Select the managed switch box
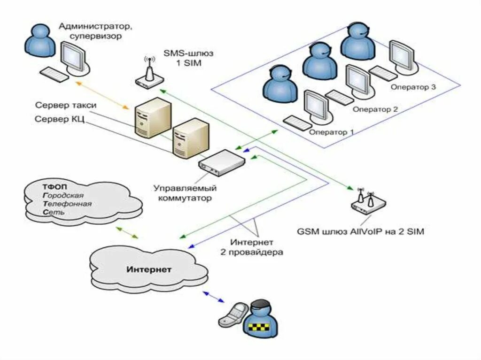coord(222,162)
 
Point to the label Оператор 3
coord(413,87)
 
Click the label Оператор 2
coord(375,109)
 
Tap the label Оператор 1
coord(331,132)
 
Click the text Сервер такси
coord(66,105)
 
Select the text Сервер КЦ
coord(60,119)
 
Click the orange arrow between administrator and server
coord(102,95)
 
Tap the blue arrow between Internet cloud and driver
coord(214,297)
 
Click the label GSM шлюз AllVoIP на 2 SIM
coord(360,231)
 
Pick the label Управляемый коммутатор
coord(185,192)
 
